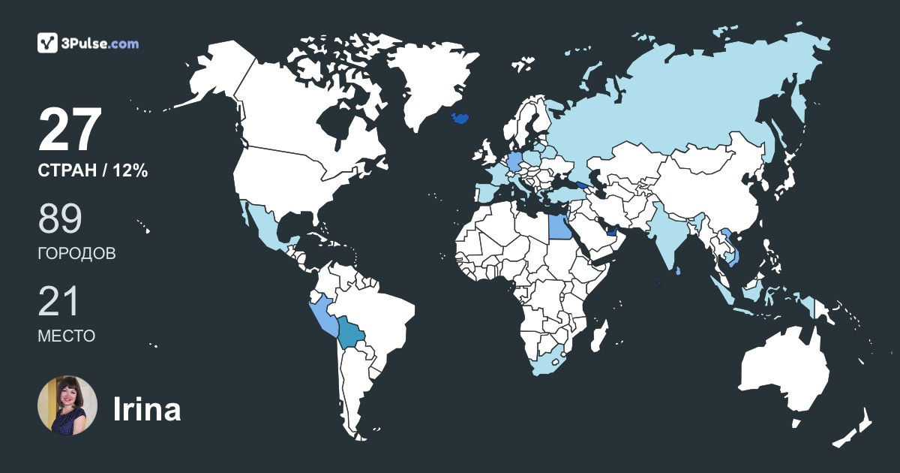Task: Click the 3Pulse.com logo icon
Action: click(48, 43)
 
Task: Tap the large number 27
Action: click(70, 130)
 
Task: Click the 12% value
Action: click(130, 171)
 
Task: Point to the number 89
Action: click(60, 218)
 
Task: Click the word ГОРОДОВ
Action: click(76, 254)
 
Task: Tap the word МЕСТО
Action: click(66, 336)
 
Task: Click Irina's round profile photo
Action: click(67, 405)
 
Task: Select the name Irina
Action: click(146, 409)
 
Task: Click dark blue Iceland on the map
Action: click(460, 119)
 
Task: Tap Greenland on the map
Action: click(424, 83)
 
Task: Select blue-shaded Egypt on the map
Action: click(559, 224)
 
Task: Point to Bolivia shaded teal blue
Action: click(352, 331)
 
